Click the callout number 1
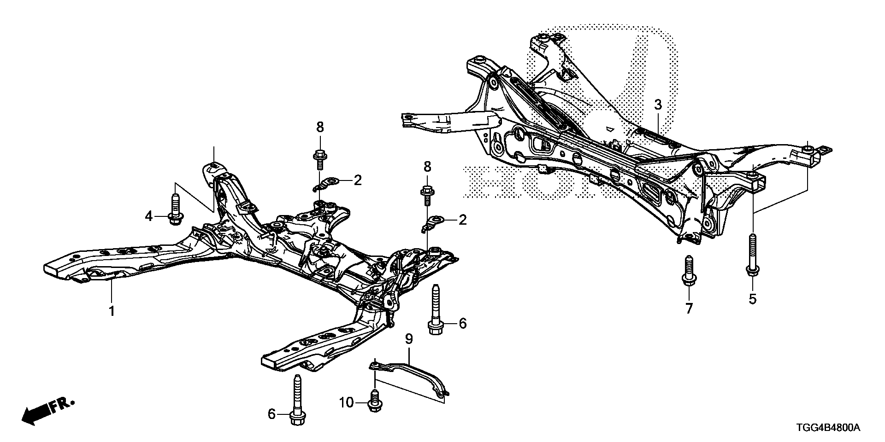click(x=112, y=311)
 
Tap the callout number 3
click(x=658, y=105)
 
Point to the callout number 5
click(x=752, y=299)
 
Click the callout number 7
click(x=689, y=308)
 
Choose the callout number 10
click(x=347, y=403)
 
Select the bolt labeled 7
click(x=688, y=273)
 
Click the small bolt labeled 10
click(x=375, y=401)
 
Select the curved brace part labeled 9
click(x=410, y=374)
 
